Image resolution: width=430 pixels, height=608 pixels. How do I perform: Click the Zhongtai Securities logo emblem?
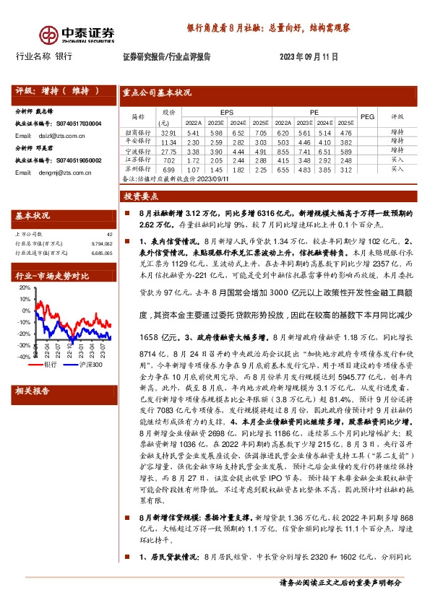(x=49, y=35)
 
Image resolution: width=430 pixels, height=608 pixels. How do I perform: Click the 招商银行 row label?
(x=137, y=133)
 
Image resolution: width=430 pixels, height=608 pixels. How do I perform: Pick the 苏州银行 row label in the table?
(x=137, y=168)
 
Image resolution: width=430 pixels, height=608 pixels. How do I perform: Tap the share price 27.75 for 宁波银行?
(x=169, y=151)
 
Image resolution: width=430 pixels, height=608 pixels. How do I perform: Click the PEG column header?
(x=367, y=116)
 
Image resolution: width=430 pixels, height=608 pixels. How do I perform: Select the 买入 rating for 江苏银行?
(x=397, y=160)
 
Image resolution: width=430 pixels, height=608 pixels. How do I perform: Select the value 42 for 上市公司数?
(x=110, y=234)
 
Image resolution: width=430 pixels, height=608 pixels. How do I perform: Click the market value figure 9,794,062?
(x=102, y=243)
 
